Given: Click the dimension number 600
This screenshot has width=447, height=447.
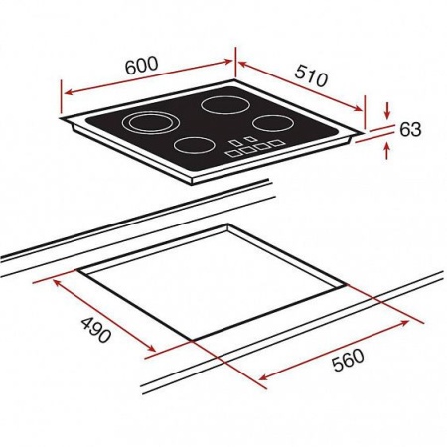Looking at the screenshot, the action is pyautogui.click(x=142, y=65).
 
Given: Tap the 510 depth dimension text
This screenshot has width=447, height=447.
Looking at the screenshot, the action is pyautogui.click(x=311, y=75).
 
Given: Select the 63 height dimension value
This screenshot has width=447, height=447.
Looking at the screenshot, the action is pyautogui.click(x=410, y=129).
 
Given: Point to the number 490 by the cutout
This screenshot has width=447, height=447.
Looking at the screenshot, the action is pyautogui.click(x=96, y=330).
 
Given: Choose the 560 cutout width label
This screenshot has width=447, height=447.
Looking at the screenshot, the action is pyautogui.click(x=348, y=360).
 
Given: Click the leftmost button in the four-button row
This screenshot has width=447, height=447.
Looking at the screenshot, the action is pyautogui.click(x=233, y=153).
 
